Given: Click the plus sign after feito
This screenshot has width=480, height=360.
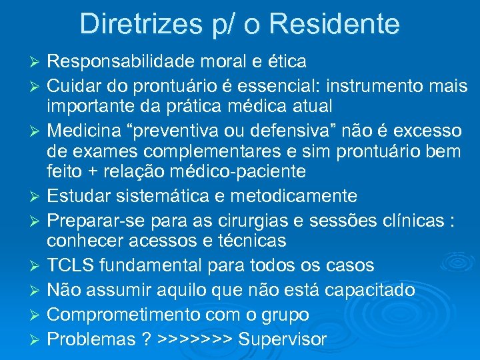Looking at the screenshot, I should (93, 171).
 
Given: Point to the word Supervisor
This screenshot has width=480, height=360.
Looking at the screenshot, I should (282, 339).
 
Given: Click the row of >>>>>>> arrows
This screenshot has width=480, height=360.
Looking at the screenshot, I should (195, 339).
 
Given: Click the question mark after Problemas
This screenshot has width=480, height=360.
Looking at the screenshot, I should (145, 339).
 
